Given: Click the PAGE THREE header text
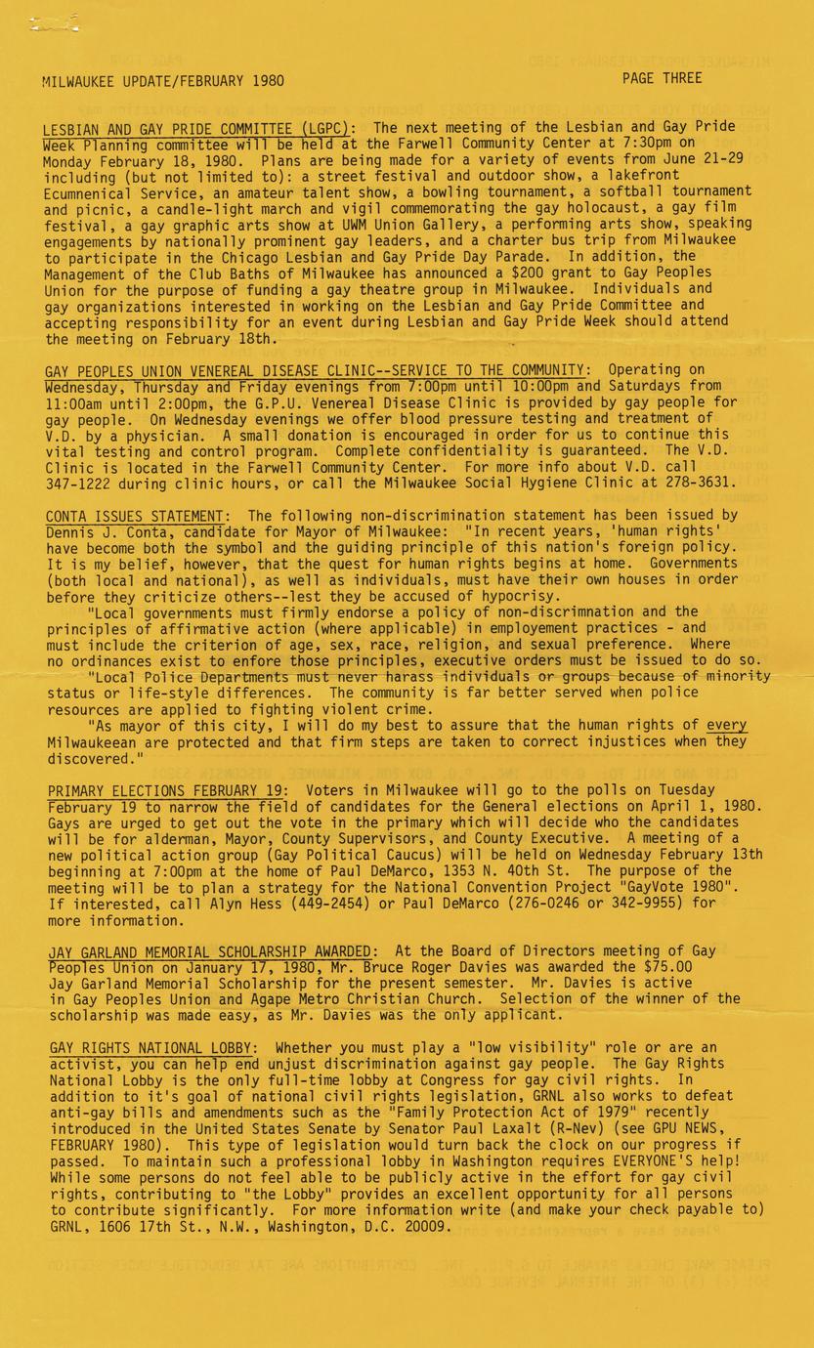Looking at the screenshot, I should click(x=662, y=78).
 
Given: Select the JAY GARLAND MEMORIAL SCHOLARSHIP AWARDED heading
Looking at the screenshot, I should click(x=210, y=951).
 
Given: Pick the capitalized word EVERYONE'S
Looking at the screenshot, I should click(x=658, y=1159).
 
